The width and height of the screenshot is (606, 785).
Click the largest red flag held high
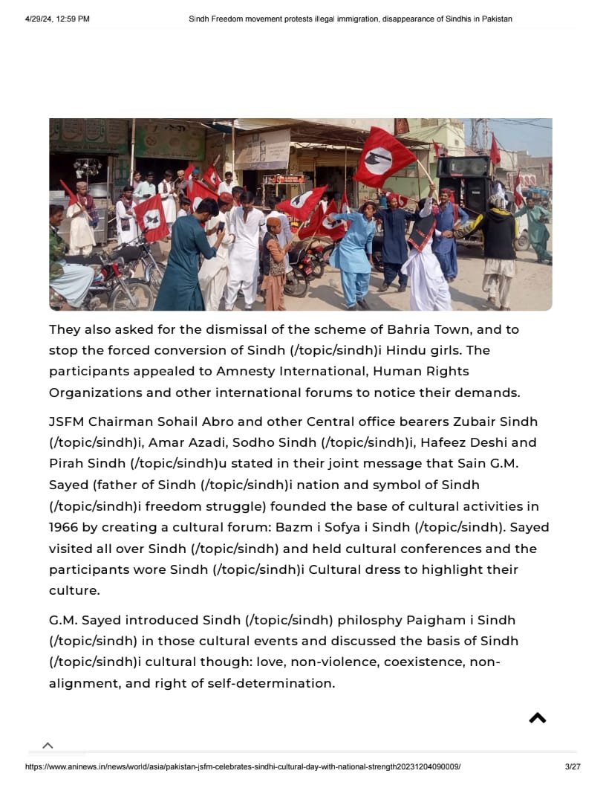point(384,157)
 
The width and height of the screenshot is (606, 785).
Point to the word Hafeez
point(449,442)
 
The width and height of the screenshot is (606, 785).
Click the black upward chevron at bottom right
point(537,718)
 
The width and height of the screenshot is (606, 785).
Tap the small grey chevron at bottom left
point(48,746)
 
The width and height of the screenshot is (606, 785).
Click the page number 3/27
point(572,767)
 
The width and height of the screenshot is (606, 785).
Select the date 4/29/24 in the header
point(41,19)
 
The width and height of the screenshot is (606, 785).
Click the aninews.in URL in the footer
point(243,767)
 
